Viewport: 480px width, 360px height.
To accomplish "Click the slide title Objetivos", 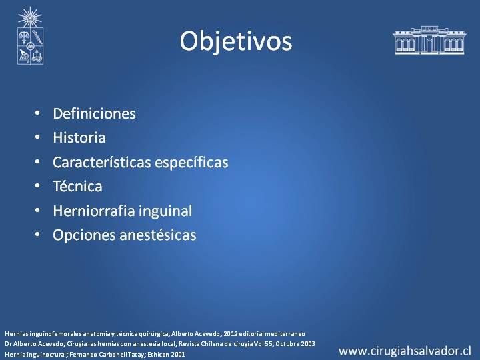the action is (236, 41).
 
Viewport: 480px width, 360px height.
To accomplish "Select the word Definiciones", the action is (94, 113).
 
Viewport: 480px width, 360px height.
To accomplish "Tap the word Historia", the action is (79, 138).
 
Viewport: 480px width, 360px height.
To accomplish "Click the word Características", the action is (102, 162).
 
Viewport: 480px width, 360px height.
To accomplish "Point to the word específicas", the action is (191, 163).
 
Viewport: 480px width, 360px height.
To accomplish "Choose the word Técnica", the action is (77, 186).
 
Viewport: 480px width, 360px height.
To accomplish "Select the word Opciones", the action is (84, 235).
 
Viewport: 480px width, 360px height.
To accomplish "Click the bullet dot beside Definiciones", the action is (37, 113).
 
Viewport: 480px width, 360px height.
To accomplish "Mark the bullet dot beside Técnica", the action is (37, 185).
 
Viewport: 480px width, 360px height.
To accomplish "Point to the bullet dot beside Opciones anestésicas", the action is (37, 235).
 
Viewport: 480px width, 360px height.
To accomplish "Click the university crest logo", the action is (30, 36).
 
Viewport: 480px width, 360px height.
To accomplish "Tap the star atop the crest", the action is (30, 17).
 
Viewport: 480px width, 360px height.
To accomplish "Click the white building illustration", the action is (429, 40).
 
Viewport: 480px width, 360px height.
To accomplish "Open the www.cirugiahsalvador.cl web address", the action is (405, 351).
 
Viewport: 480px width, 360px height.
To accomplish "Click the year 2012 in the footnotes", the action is (230, 334).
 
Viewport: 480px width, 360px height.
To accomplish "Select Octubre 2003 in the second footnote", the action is (295, 344).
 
